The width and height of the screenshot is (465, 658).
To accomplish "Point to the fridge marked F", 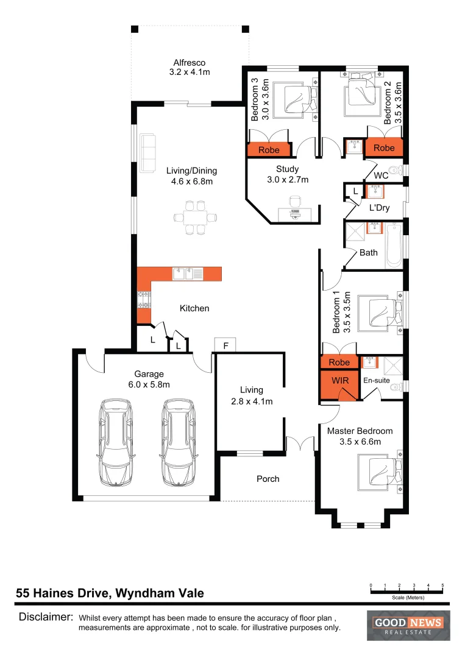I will click(x=225, y=345).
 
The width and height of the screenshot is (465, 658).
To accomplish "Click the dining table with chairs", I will click(x=196, y=217).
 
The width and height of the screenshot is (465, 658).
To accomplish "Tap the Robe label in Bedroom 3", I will click(x=269, y=150).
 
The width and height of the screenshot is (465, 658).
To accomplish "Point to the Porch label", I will click(x=268, y=479).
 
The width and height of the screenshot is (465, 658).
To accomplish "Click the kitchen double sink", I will click(x=187, y=274).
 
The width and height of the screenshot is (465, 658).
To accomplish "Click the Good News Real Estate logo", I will click(x=408, y=625).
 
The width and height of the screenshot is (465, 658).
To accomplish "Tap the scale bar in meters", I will click(x=406, y=589).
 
